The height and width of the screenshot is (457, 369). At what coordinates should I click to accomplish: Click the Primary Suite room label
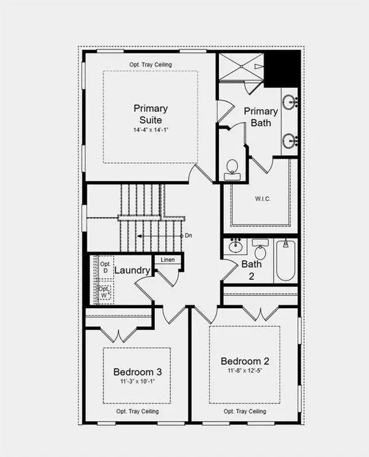point(151,114)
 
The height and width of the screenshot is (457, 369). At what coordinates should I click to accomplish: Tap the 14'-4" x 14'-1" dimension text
point(151,130)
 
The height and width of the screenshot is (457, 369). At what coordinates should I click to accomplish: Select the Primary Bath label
point(261,117)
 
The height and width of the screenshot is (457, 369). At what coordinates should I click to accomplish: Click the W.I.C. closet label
point(263,199)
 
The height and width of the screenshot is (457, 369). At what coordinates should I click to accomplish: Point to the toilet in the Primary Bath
point(232,170)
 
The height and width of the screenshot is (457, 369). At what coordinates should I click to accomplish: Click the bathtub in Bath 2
point(285,260)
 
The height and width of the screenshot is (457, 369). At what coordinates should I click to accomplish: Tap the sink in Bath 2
point(236,246)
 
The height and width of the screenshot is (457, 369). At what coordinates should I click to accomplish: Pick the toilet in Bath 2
point(260,249)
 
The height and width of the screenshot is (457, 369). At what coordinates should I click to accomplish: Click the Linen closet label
point(168,260)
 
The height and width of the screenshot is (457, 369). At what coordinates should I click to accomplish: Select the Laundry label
point(132,270)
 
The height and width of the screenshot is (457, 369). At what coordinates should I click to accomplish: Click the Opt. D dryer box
point(105,268)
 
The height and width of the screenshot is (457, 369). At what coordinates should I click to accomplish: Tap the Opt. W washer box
point(105,292)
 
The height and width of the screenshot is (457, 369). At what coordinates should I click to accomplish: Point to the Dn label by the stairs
point(188,236)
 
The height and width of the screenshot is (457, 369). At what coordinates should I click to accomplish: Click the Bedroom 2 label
point(245,361)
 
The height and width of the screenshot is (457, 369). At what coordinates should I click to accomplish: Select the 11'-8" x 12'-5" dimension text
point(245,371)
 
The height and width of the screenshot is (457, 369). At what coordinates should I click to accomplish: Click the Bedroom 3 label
point(138,372)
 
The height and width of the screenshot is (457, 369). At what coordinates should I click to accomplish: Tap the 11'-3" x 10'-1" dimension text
point(138,381)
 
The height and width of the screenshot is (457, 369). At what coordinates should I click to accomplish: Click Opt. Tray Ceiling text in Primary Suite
point(151,65)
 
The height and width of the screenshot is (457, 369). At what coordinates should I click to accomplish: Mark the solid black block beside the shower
point(282,69)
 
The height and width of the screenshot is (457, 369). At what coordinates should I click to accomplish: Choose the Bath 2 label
point(252,270)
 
